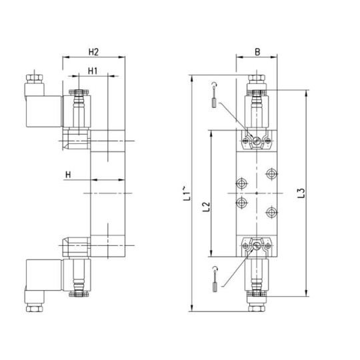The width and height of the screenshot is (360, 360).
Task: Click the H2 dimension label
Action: click(94, 51)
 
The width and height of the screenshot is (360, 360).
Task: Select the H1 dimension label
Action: click(93, 71)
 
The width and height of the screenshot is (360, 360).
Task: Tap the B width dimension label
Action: click(255, 51)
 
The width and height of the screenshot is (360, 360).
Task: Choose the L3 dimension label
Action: click(301, 194)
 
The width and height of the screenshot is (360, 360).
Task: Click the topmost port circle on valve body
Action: click(271, 174)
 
